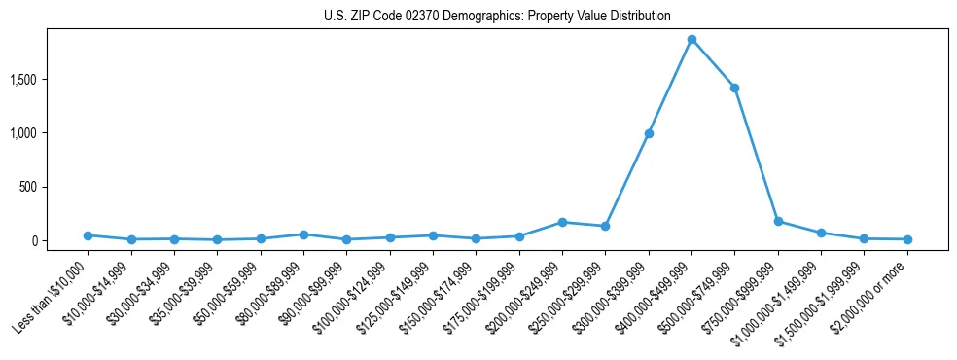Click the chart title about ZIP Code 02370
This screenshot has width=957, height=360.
497,17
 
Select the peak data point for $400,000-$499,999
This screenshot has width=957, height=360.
691,39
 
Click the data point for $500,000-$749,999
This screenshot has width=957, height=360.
734,88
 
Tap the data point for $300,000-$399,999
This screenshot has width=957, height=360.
649,133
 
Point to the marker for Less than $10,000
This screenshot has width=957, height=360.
88,235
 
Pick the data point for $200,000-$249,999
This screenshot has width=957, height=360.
562,222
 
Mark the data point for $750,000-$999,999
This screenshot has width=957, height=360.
778,221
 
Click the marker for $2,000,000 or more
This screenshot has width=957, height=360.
907,239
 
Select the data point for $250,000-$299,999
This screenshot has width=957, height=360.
605,226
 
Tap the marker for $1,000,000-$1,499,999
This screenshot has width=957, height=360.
821,233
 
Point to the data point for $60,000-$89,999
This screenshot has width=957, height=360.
303,234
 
